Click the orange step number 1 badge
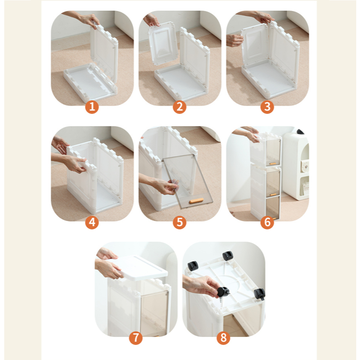pyautogui.click(x=92, y=107)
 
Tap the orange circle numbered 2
pyautogui.click(x=180, y=107)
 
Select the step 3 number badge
pyautogui.click(x=267, y=107)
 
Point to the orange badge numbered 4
pyautogui.click(x=92, y=222)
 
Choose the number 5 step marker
pyautogui.click(x=180, y=222)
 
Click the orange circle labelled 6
pyautogui.click(x=267, y=222)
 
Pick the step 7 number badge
pyautogui.click(x=136, y=338)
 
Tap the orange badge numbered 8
pyautogui.click(x=223, y=338)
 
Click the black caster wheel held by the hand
pyautogui.click(x=223, y=292)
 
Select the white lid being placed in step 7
pyautogui.click(x=143, y=268)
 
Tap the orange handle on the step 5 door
pyautogui.click(x=196, y=201)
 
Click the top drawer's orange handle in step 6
pyautogui.click(x=273, y=163)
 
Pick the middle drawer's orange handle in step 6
pyautogui.click(x=273, y=194)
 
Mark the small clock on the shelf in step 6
pyautogui.click(x=305, y=166)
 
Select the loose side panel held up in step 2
pyautogui.click(x=163, y=44)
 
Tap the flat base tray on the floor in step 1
pyautogui.click(x=90, y=82)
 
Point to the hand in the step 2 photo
pyautogui.click(x=151, y=20)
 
